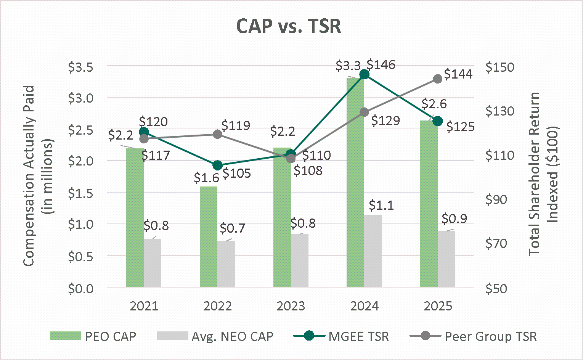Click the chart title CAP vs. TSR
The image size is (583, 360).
289,26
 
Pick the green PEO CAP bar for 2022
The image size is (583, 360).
209,236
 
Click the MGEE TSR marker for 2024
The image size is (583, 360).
364,74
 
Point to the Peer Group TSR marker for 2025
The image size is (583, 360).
438,79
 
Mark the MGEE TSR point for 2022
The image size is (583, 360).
217,165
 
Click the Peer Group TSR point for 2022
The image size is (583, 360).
217,134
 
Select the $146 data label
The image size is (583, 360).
381,65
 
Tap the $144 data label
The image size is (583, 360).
458,74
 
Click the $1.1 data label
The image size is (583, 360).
381,206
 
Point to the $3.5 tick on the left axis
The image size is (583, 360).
80,67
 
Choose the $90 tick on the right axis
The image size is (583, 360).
496,199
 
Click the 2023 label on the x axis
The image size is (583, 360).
291,306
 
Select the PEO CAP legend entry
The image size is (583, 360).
93,336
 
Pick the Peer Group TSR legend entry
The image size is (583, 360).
473,336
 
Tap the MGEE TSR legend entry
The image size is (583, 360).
341,336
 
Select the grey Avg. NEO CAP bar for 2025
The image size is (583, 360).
446,259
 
